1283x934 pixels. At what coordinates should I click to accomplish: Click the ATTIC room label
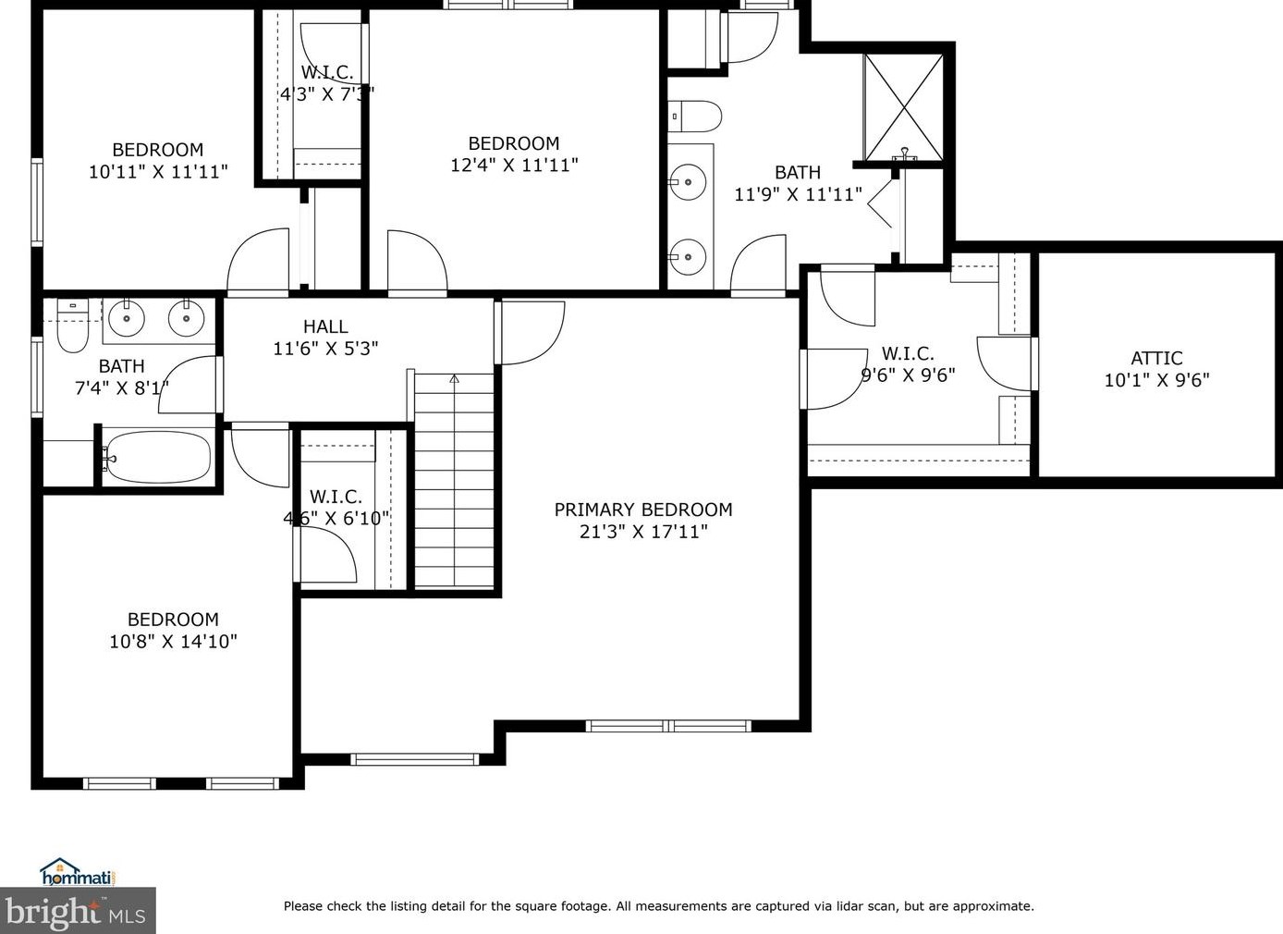click(1156, 358)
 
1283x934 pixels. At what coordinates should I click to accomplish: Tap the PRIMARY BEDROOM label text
click(643, 510)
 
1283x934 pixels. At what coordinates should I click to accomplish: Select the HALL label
click(325, 326)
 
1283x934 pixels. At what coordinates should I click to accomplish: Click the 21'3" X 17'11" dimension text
click(643, 532)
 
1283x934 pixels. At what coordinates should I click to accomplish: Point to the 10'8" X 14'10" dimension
click(173, 641)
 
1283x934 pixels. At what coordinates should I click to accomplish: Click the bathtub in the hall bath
click(156, 457)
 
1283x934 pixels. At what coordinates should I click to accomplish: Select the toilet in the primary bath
click(695, 117)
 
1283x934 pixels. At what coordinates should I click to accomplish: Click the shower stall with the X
click(903, 107)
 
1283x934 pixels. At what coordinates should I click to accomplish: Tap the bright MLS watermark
click(78, 911)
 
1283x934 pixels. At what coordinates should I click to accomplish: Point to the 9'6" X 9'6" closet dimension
click(909, 375)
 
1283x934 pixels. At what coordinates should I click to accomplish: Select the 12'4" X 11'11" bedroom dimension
click(514, 165)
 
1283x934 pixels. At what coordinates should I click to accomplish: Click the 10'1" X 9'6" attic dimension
click(1156, 380)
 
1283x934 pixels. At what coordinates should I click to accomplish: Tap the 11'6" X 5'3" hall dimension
click(325, 349)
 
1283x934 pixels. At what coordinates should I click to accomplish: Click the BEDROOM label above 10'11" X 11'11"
click(157, 150)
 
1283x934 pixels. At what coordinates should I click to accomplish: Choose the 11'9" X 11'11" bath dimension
click(798, 194)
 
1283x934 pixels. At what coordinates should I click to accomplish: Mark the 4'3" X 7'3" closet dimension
click(327, 93)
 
